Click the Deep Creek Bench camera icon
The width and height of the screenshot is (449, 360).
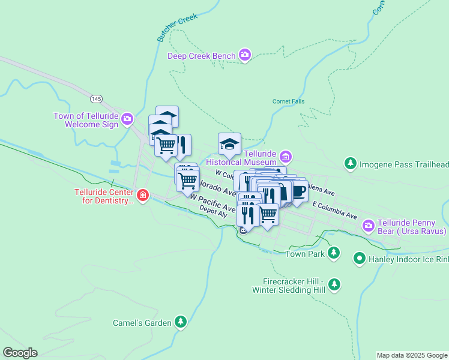[x=244, y=56]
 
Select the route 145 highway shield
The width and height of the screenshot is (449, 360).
[x=97, y=98]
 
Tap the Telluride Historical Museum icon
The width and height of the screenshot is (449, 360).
[x=285, y=158]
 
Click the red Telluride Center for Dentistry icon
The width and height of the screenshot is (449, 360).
[x=142, y=196]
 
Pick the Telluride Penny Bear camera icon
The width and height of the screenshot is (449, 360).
[x=368, y=226]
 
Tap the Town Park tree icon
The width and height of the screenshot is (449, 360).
[x=334, y=254]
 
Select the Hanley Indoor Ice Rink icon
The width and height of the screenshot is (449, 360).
[x=360, y=259]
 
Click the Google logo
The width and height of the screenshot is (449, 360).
[x=20, y=353]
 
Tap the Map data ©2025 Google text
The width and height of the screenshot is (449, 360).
[x=411, y=355]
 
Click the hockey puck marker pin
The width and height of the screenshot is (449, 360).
[x=229, y=144]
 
